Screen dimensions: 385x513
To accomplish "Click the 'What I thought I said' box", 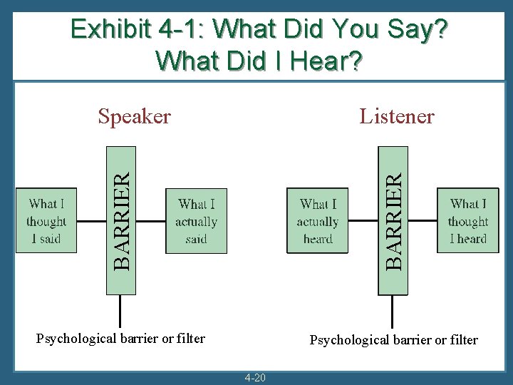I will pyautogui.click(x=46, y=221).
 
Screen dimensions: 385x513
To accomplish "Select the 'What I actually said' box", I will pyautogui.click(x=196, y=221).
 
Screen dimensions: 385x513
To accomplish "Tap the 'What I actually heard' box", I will pyautogui.click(x=318, y=221).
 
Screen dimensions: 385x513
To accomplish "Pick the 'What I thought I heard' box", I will pyautogui.click(x=468, y=221).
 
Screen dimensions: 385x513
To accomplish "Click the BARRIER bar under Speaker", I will pyautogui.click(x=120, y=220).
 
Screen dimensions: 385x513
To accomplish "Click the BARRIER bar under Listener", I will pyautogui.click(x=393, y=220).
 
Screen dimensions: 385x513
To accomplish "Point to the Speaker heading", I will pyautogui.click(x=135, y=116).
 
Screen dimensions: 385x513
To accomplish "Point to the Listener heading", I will pyautogui.click(x=397, y=116).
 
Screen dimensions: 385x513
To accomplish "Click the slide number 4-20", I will pyautogui.click(x=255, y=377).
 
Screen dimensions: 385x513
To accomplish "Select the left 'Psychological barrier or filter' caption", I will pyautogui.click(x=120, y=339).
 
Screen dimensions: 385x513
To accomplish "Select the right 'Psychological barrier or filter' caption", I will pyautogui.click(x=393, y=340).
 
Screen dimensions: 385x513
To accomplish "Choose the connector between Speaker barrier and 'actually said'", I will pyautogui.click(x=150, y=221).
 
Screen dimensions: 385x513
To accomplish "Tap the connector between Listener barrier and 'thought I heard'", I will pyautogui.click(x=423, y=221).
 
